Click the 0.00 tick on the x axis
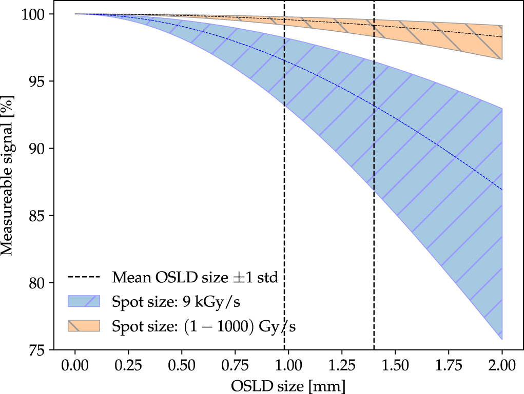tap(75, 365)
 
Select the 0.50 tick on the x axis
tap(182, 365)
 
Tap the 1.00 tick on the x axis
tap(288, 365)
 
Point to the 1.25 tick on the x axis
tap(342, 365)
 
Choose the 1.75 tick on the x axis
tap(448, 365)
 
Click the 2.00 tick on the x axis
tap(501, 365)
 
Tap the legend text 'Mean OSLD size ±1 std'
tap(195, 278)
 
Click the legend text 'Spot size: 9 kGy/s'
tap(177, 302)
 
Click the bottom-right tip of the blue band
tap(501, 339)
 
